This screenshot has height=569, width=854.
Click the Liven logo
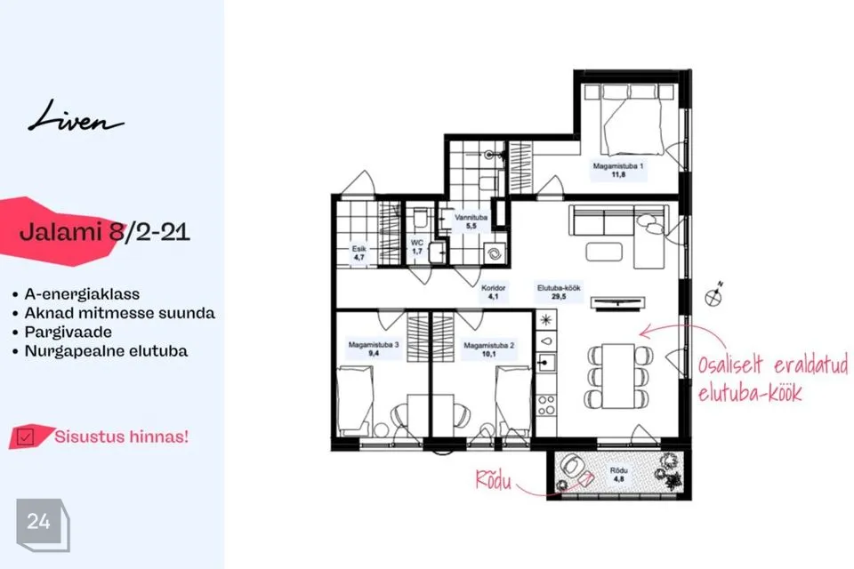pyautogui.click(x=76, y=116)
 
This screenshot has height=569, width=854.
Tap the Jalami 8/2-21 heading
pyautogui.click(x=105, y=232)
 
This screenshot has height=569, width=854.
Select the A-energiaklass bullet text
pyautogui.click(x=82, y=294)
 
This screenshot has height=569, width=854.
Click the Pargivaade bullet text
pyautogui.click(x=68, y=332)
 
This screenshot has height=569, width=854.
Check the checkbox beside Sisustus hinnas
pyautogui.click(x=25, y=437)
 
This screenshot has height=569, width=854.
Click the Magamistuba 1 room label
pyautogui.click(x=618, y=170)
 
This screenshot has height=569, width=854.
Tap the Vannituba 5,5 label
pyautogui.click(x=471, y=221)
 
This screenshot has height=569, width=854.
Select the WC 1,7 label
pyautogui.click(x=417, y=246)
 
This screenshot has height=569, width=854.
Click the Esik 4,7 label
pyautogui.click(x=359, y=252)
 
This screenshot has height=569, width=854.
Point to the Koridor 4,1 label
pyautogui.click(x=494, y=292)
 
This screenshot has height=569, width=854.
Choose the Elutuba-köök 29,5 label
pyautogui.click(x=559, y=292)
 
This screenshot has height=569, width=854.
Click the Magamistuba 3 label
pyautogui.click(x=374, y=349)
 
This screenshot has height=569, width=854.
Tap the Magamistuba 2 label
pyautogui.click(x=488, y=349)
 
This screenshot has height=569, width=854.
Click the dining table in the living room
pyautogui.click(x=618, y=376)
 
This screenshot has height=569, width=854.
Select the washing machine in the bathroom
pyautogui.click(x=495, y=253)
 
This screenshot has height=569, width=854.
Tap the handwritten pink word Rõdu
pyautogui.click(x=494, y=481)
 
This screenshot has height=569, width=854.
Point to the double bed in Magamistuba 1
pyautogui.click(x=632, y=120)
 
